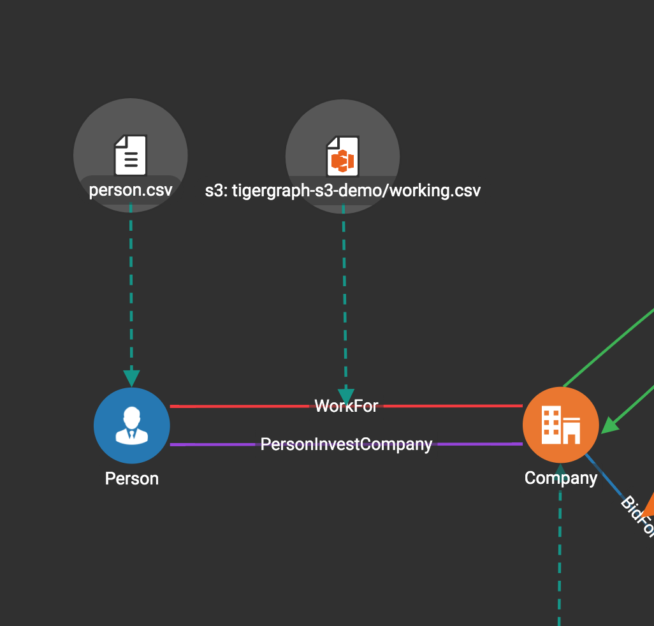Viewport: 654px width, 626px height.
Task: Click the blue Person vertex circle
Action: (x=131, y=425)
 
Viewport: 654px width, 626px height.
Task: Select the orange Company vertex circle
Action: (x=560, y=425)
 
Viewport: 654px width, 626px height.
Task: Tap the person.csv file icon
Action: (x=131, y=155)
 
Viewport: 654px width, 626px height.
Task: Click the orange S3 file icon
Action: (x=342, y=156)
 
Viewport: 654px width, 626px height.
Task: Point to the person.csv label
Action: (x=131, y=190)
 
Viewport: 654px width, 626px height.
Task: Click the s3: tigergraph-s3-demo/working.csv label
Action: (x=343, y=190)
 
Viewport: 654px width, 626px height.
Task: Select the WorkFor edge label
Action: (x=346, y=406)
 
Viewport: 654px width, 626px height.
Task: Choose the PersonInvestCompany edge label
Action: (x=346, y=444)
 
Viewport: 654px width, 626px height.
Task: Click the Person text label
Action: (x=131, y=479)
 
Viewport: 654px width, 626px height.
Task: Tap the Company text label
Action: (x=560, y=478)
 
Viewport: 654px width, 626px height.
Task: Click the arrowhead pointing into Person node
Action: (x=131, y=378)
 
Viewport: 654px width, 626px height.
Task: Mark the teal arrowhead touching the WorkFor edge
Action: (x=345, y=396)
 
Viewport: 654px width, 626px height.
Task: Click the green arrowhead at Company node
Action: (x=610, y=425)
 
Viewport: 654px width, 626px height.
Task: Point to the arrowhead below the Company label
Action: (x=560, y=493)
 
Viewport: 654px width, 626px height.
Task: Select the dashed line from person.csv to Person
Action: (x=131, y=287)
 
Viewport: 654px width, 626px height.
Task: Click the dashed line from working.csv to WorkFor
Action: (x=344, y=293)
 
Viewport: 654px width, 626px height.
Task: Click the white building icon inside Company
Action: (x=560, y=425)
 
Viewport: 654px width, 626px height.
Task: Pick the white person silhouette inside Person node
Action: (x=131, y=426)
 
